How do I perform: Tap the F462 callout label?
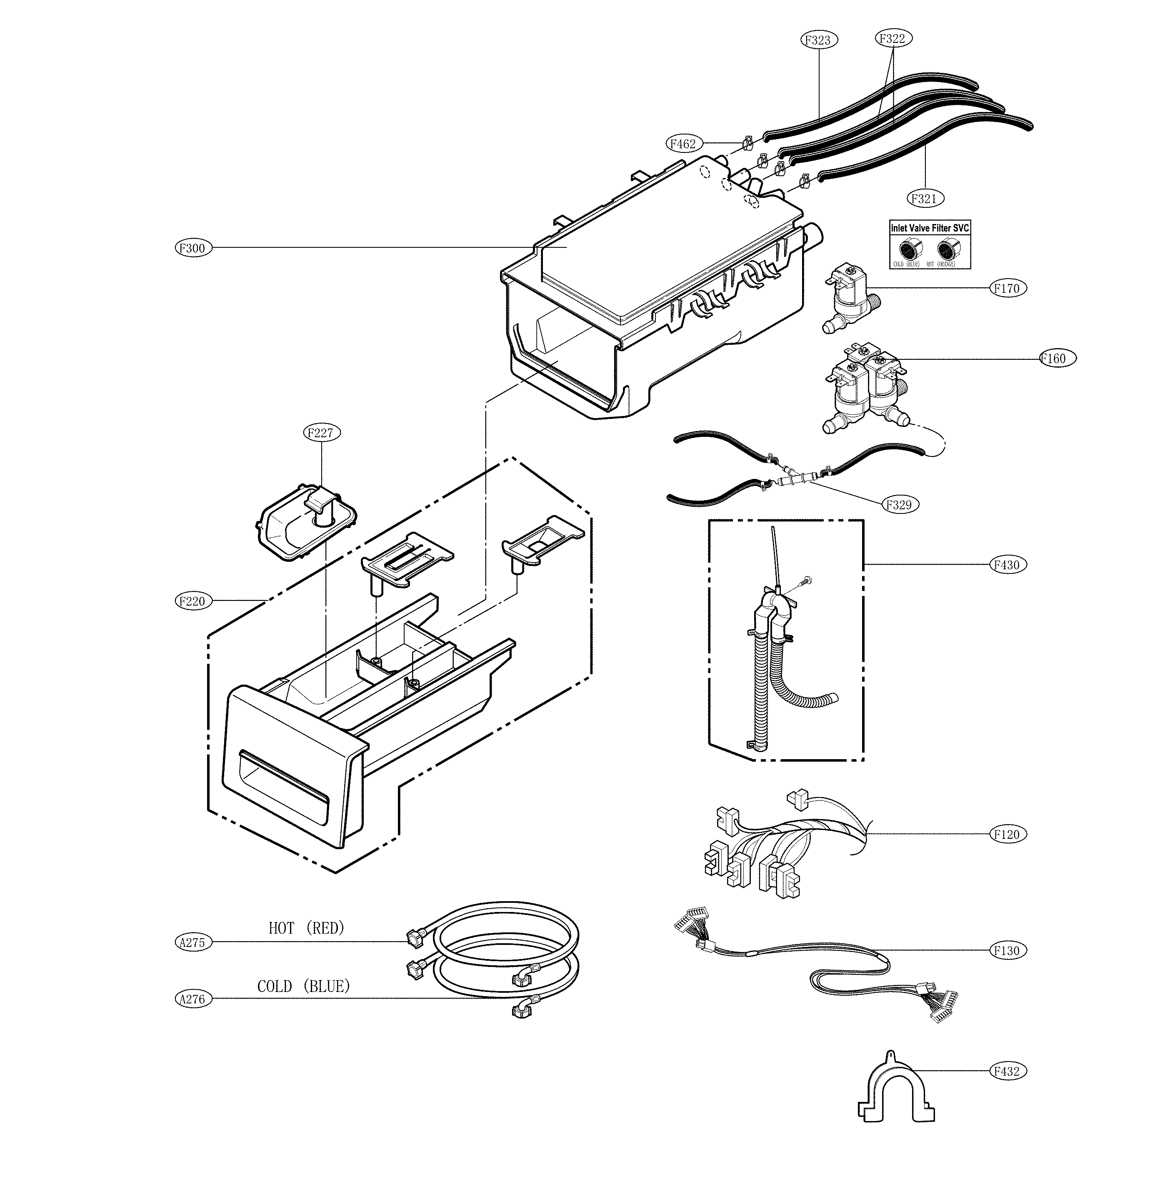[682, 144]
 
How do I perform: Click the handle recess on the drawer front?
[284, 777]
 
